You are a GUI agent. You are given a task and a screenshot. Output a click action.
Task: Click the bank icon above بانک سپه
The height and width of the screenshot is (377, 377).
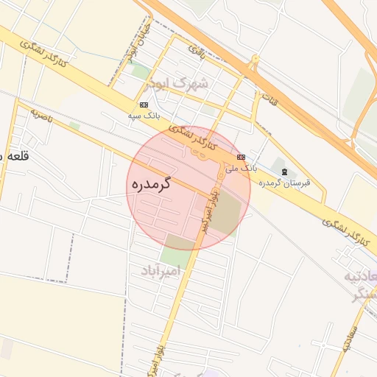coord(143,105)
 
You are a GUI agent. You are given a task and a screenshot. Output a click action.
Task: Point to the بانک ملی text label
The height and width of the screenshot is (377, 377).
coord(242,169)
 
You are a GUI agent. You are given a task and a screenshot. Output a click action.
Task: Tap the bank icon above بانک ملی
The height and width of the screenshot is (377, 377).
coord(241,158)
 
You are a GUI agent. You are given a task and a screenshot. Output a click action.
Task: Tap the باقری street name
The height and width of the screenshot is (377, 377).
coord(196,52)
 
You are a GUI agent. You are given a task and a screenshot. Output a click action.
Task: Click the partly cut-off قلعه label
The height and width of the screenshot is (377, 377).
coord(12,156)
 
